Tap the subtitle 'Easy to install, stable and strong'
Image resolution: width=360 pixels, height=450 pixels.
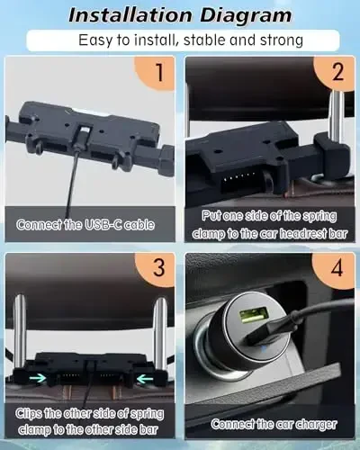pyautogui.click(x=180, y=40)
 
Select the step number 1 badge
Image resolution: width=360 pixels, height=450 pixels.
pyautogui.click(x=157, y=74)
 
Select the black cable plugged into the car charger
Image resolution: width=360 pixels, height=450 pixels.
pyautogui.click(x=306, y=310)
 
